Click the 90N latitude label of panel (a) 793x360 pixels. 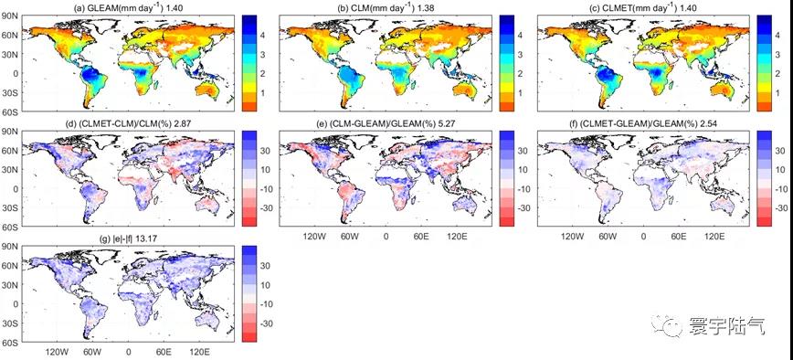click(x=10, y=16)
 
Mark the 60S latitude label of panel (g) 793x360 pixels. click(x=10, y=343)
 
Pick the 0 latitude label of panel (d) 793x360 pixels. click(x=15, y=188)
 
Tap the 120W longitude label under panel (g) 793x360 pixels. click(x=57, y=352)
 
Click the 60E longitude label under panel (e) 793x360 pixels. click(x=421, y=236)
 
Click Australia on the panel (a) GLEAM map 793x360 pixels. click(x=209, y=91)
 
